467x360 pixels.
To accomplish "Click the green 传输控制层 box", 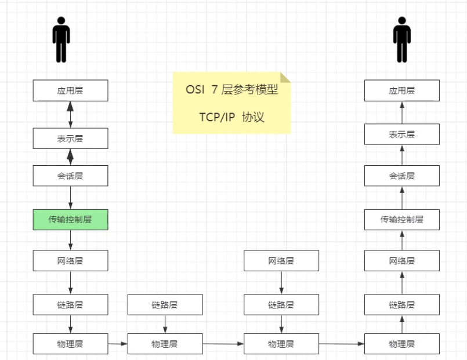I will [70, 220].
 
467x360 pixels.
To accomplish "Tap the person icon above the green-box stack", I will [61, 39].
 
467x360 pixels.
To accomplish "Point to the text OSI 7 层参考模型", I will [231, 90].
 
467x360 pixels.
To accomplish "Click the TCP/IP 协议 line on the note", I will [231, 117].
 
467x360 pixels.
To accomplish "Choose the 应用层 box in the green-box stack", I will [70, 90].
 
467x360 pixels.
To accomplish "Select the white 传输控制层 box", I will [401, 219].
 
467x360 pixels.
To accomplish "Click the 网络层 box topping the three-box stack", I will [281, 261].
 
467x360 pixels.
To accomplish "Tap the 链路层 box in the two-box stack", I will [165, 304].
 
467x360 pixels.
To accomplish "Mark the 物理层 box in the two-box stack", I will [165, 344].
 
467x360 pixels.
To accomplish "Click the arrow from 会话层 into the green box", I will [70, 198].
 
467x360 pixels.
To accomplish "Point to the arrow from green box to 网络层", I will [70, 240].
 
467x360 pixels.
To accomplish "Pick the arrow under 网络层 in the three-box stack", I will [281, 283].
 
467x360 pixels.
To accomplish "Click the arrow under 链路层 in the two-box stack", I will [165, 324].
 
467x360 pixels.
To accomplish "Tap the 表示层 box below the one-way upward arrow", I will [401, 134].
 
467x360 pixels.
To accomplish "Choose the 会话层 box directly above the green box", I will [70, 176].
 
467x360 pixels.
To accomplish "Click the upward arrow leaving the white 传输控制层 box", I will [401, 198].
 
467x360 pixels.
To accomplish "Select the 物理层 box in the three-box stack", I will [281, 344].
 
